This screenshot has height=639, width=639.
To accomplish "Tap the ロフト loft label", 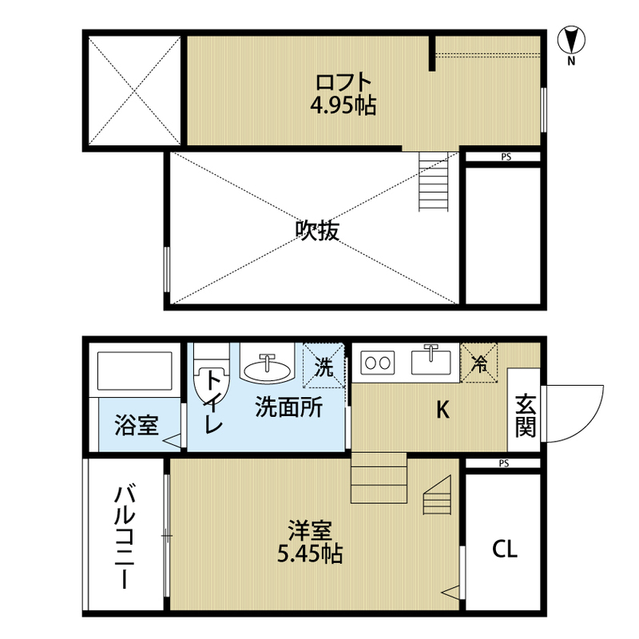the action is click(343, 83).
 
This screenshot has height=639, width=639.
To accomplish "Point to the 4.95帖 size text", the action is click(343, 106).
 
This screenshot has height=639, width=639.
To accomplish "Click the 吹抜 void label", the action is click(317, 231).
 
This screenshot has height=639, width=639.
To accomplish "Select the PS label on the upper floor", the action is click(506, 157).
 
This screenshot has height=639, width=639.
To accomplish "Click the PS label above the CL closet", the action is click(504, 463).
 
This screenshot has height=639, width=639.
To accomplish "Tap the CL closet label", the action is click(505, 550).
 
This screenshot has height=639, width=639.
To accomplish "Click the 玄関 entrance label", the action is click(526, 415).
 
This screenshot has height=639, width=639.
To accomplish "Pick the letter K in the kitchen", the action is click(443, 410).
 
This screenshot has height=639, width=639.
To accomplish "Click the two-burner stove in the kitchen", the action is click(377, 363).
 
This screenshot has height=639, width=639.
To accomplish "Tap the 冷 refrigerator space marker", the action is click(478, 363).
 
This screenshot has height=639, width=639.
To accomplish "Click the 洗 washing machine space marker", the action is click(324, 366).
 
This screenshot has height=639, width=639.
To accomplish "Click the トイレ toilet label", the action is click(213, 402).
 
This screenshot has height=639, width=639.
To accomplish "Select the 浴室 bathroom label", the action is click(136, 425).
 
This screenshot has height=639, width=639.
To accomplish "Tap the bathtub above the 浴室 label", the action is click(134, 371).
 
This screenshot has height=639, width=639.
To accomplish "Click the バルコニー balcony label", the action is click(125, 537).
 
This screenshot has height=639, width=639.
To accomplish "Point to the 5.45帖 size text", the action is click(310, 554).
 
